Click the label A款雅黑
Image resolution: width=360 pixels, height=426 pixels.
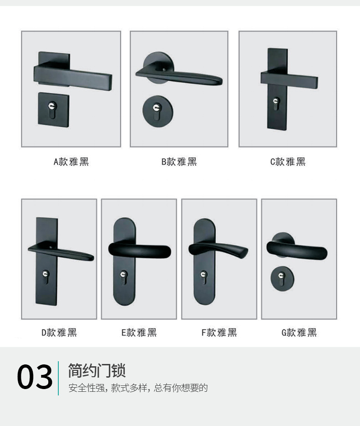(x=71, y=161)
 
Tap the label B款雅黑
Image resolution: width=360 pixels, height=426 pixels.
(x=179, y=161)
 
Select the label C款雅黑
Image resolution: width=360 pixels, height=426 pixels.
(x=288, y=161)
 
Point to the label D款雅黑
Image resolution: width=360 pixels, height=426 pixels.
(x=59, y=332)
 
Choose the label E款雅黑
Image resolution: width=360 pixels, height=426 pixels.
(x=139, y=332)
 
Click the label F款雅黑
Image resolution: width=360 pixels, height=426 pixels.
(x=219, y=332)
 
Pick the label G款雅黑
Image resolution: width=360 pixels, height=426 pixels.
(x=299, y=332)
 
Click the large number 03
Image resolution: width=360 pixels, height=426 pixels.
(x=35, y=378)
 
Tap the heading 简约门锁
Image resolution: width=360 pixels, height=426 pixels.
(x=97, y=370)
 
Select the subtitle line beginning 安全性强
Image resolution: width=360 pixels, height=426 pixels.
(x=138, y=388)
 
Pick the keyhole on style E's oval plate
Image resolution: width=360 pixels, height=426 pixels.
(x=123, y=275)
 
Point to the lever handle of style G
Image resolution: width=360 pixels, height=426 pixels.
(x=297, y=249)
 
